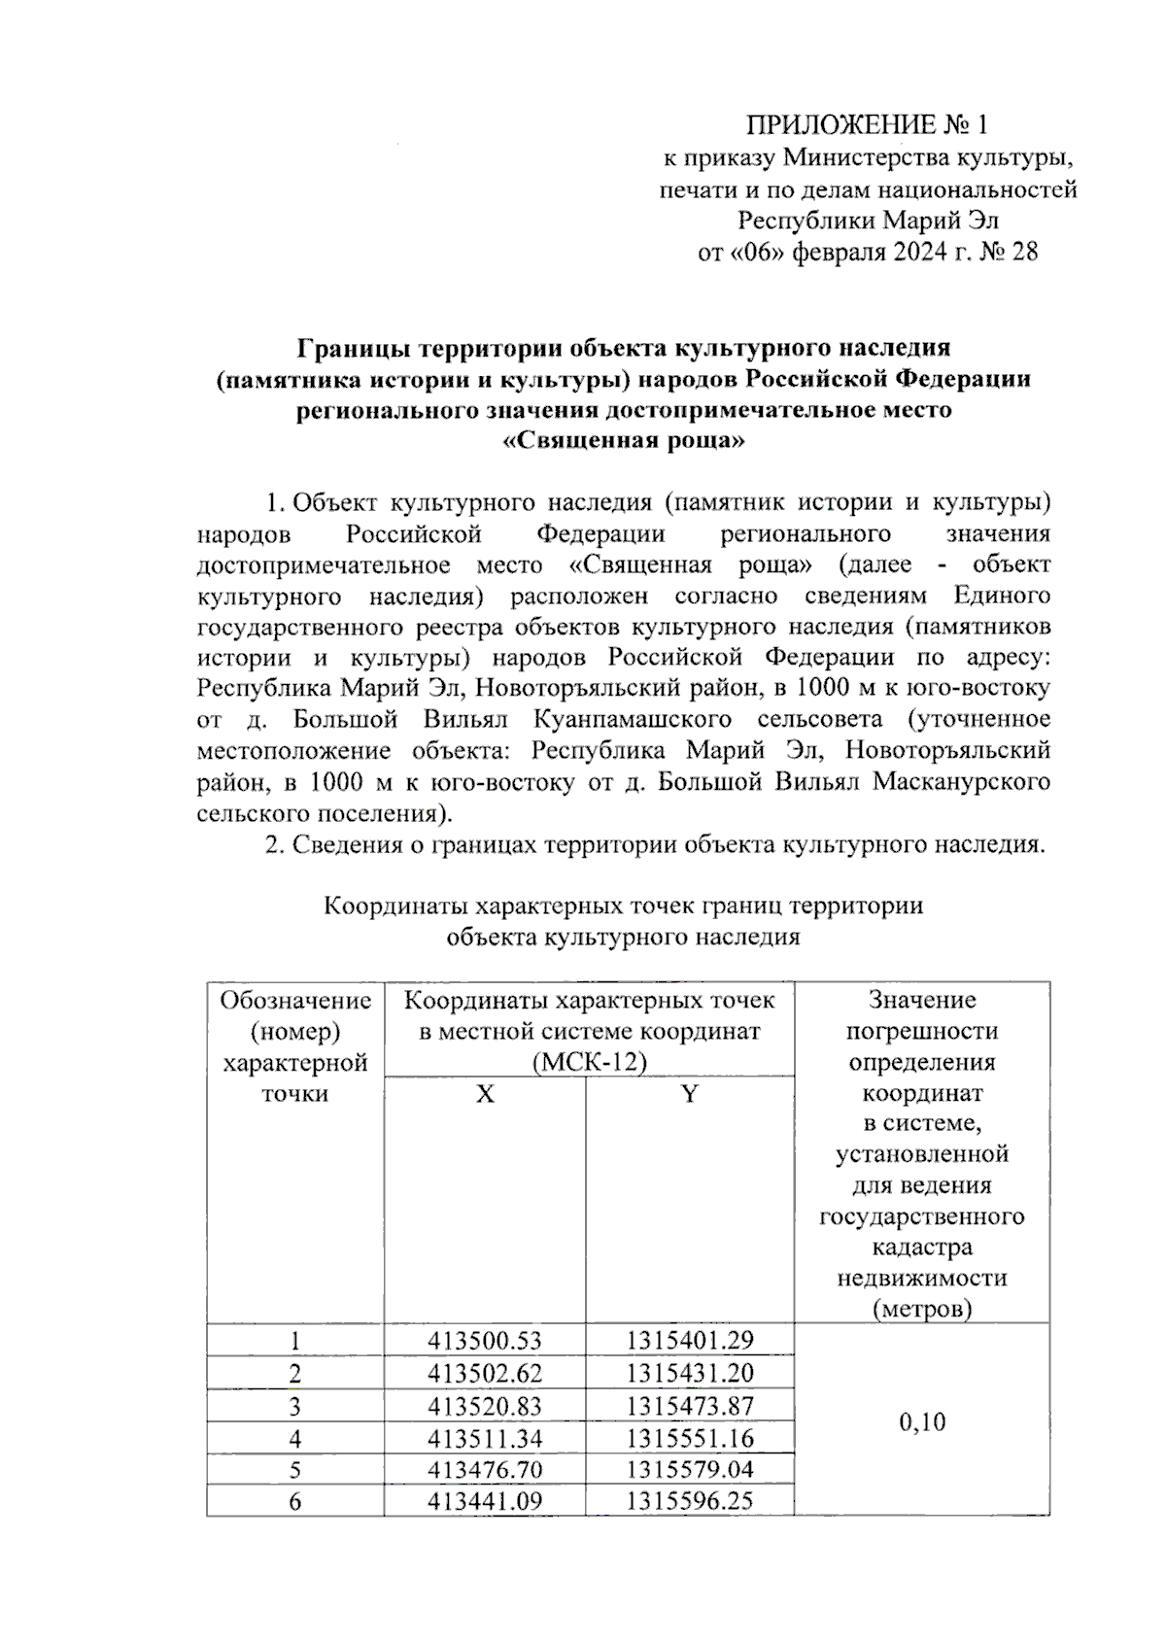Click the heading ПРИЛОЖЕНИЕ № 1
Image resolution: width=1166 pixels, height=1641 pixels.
pos(866,125)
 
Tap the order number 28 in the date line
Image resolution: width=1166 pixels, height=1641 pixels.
pos(1023,253)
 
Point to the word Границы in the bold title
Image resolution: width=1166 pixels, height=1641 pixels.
pos(346,348)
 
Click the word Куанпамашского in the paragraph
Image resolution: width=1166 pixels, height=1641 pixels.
pos(633,720)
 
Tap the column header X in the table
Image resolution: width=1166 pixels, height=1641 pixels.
pos(485,1095)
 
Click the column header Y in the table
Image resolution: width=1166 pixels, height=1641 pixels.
pos(689,1095)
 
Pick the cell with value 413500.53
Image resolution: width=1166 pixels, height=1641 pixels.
pos(485,1342)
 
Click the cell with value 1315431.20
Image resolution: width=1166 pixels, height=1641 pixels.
pos(689,1374)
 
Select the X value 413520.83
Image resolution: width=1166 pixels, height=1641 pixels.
pos(485,1406)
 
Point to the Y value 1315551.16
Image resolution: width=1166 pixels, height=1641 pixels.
pos(689,1438)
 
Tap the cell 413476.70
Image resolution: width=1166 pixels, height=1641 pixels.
pos(485,1469)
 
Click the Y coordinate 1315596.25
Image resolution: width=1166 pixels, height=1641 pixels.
pos(689,1501)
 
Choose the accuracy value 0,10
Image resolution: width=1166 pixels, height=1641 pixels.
pos(921,1423)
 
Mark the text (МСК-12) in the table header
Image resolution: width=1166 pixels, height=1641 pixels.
pos(589,1062)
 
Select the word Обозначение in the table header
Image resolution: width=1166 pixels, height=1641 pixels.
pos(295,1001)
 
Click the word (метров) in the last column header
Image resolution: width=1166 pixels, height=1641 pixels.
pos(921,1309)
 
